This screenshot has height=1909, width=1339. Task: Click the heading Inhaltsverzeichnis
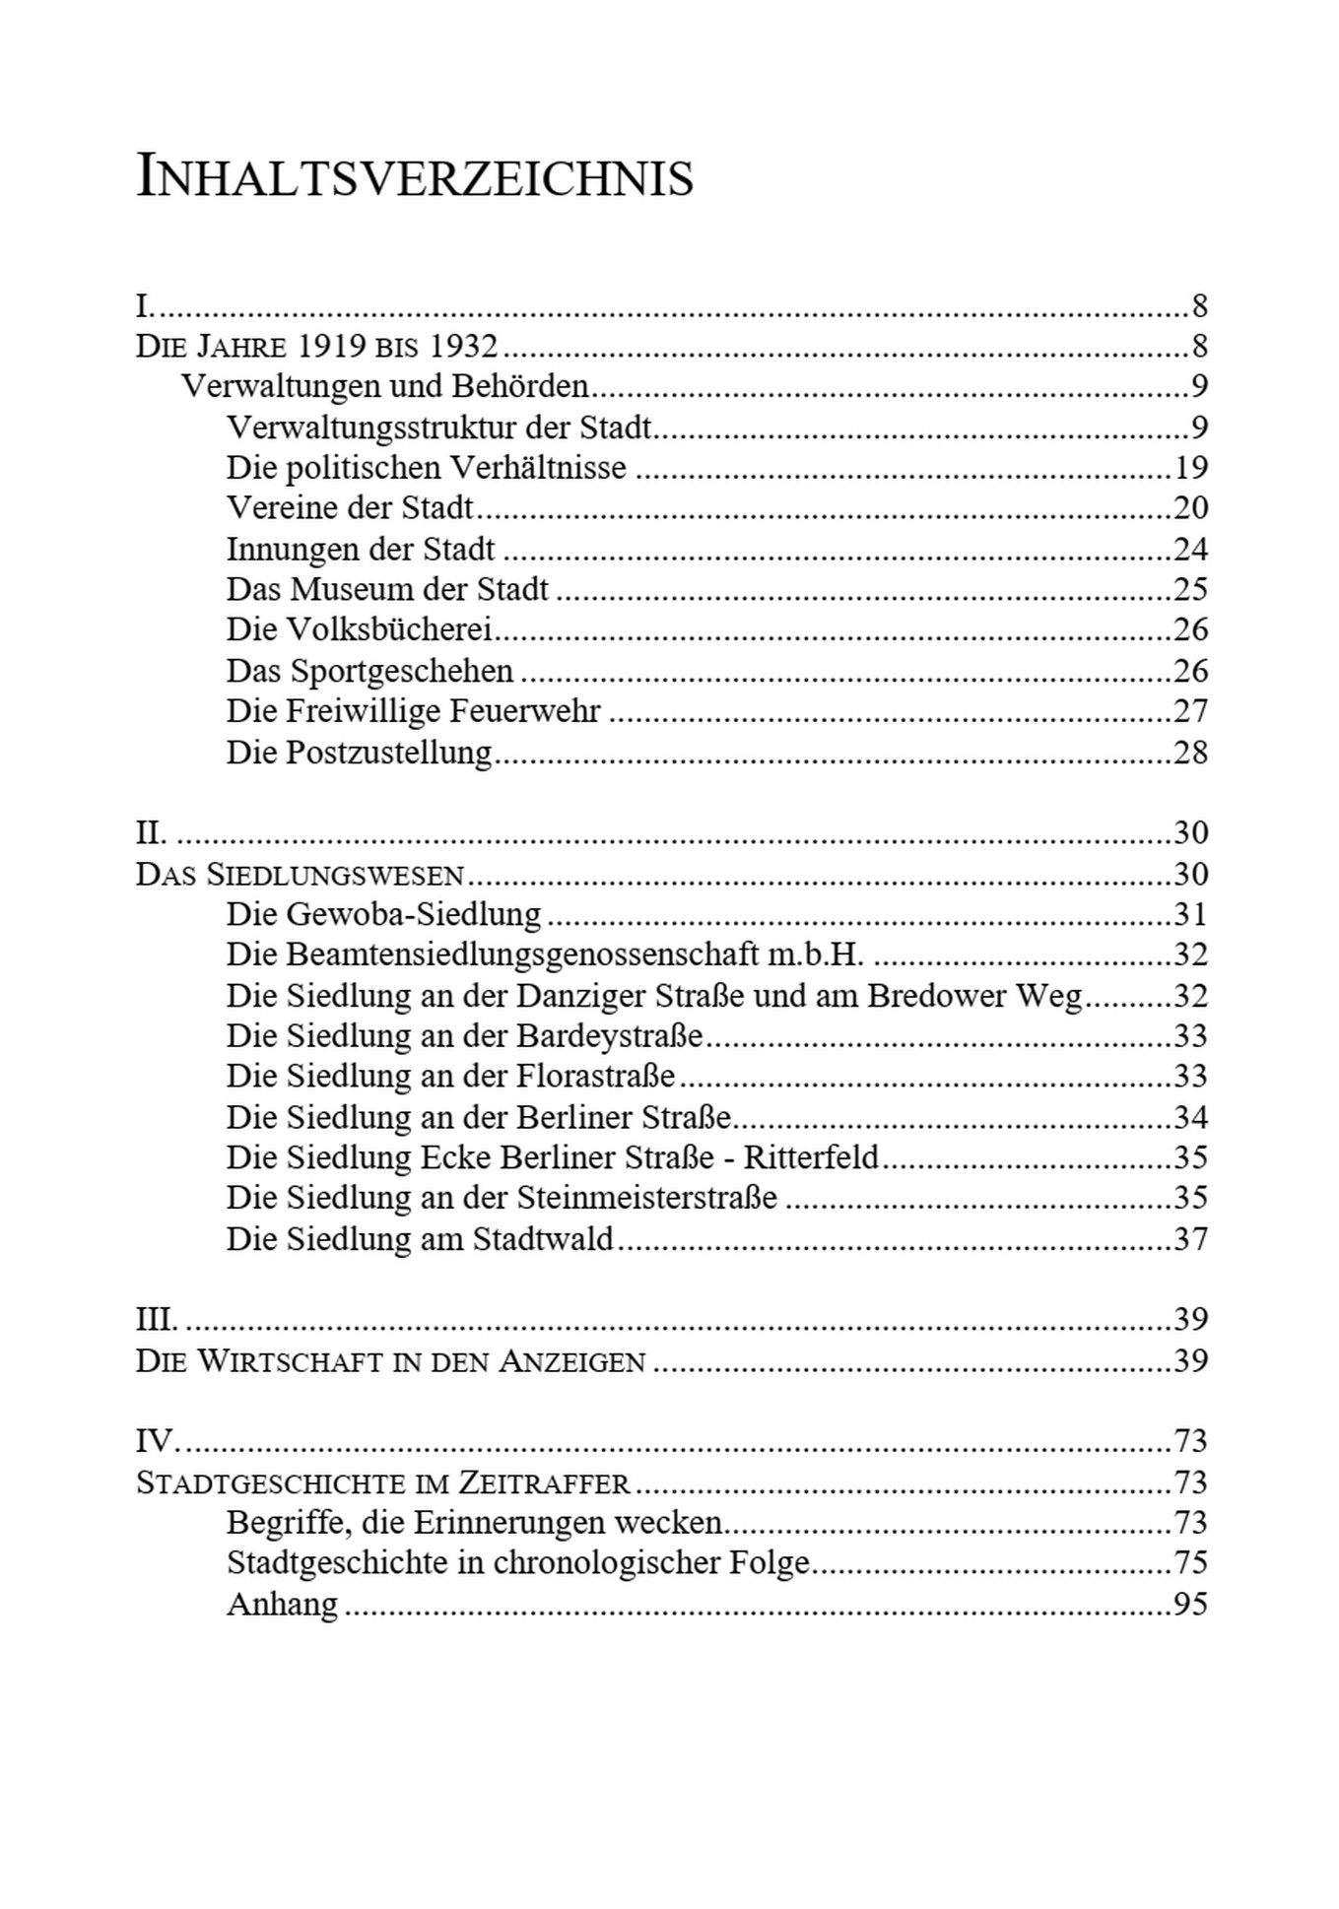coord(414,178)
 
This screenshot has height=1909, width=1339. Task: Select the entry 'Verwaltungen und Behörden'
coord(384,386)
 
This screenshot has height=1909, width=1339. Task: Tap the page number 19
coord(1190,467)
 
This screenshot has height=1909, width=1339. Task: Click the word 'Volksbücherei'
coord(389,629)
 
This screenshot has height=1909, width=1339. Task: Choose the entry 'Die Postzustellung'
coord(359,753)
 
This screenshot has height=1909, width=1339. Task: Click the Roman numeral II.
coord(151,833)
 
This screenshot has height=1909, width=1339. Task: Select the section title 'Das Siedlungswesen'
coord(300,875)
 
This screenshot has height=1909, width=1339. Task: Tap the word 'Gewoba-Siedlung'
coord(414,915)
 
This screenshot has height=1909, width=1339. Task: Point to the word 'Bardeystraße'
coord(609,1036)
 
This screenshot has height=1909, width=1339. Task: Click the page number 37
coord(1190,1239)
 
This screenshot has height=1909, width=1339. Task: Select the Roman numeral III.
coord(156,1320)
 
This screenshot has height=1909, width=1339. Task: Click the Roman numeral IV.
coord(155,1442)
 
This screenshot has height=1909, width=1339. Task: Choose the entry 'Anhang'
coord(282,1605)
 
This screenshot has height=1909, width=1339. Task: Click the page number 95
coord(1190,1605)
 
